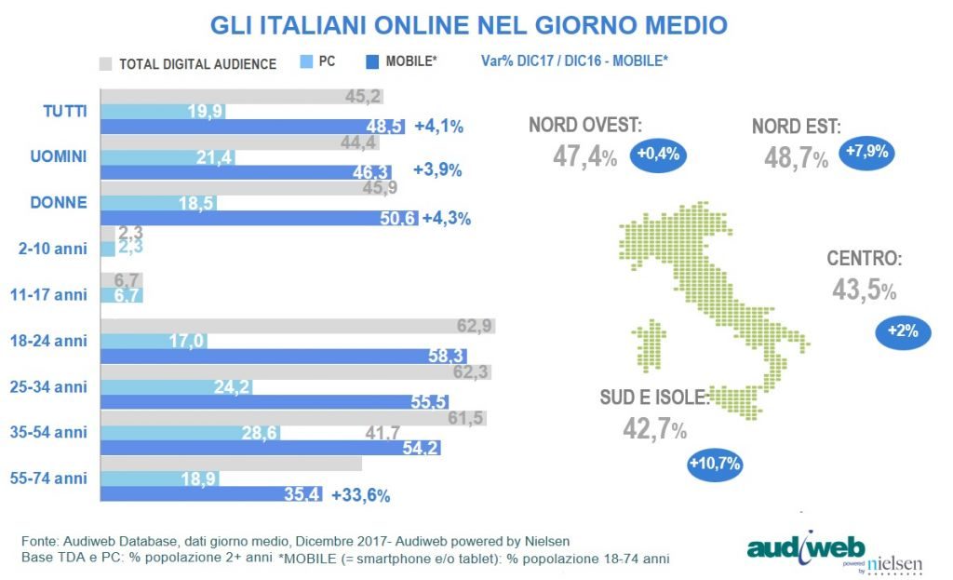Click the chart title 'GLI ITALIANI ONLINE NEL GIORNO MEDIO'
[468, 25]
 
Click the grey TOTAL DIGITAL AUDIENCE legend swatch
[105, 63]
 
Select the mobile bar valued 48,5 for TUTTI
[252, 127]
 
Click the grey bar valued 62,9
[297, 326]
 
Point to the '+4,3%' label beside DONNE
[447, 219]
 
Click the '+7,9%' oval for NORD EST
[866, 152]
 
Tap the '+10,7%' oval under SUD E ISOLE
[715, 463]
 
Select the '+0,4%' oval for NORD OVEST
[658, 155]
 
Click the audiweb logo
[806, 546]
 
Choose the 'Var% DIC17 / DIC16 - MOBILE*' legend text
[574, 61]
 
